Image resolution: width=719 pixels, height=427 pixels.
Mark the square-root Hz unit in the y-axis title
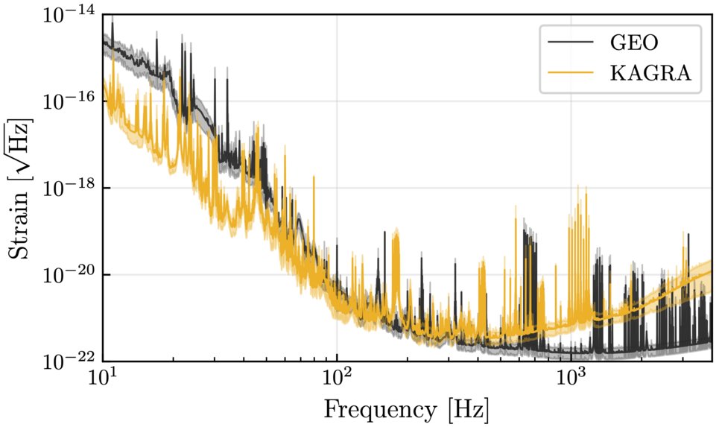pos(21,146)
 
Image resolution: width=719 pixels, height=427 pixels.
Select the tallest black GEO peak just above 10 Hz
pos(113,24)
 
